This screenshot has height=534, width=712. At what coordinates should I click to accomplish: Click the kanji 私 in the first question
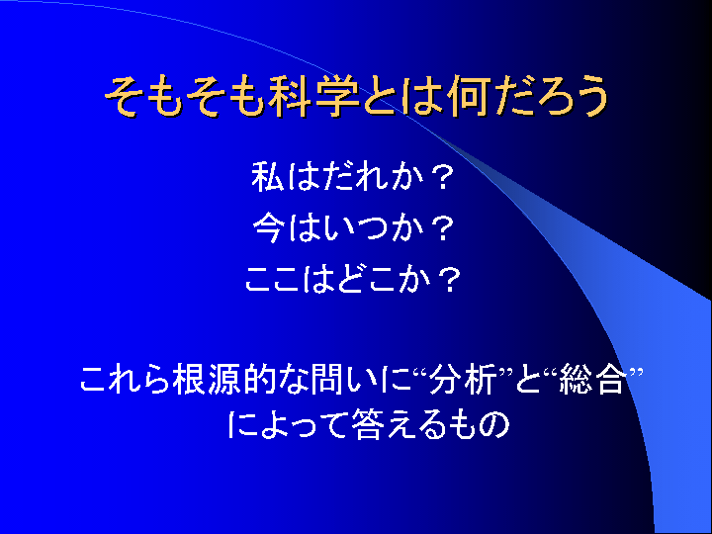click(268, 177)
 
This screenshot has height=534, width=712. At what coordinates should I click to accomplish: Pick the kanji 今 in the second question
click(269, 227)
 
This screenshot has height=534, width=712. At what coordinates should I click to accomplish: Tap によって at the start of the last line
click(288, 425)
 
